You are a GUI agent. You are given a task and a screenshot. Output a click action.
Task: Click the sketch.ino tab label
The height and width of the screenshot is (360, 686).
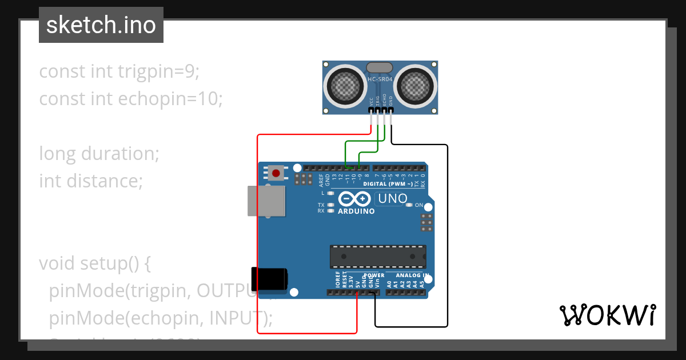point(101,25)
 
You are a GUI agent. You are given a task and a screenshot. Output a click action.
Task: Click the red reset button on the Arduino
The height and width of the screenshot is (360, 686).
point(277,173)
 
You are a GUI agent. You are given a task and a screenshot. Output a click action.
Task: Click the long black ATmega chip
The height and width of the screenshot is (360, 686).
point(378,257)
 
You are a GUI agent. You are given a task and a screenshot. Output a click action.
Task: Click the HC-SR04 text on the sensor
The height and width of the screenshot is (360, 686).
point(380,79)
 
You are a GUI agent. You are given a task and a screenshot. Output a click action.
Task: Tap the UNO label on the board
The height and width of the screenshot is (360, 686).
point(392,199)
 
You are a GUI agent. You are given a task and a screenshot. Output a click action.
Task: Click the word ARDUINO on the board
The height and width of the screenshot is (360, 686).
point(356,211)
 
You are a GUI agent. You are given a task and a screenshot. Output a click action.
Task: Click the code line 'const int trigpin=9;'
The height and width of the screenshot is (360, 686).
point(119,71)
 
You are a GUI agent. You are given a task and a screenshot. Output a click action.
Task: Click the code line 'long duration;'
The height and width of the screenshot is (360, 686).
point(99,154)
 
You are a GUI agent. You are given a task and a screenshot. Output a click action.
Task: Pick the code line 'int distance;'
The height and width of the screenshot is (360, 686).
point(90,181)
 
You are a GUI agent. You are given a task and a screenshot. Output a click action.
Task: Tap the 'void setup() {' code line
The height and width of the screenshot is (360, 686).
point(95,263)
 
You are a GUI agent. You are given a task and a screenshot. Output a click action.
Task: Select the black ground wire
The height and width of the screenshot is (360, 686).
point(447,240)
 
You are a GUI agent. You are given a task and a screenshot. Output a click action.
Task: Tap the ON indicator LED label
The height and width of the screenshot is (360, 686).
point(418,205)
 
